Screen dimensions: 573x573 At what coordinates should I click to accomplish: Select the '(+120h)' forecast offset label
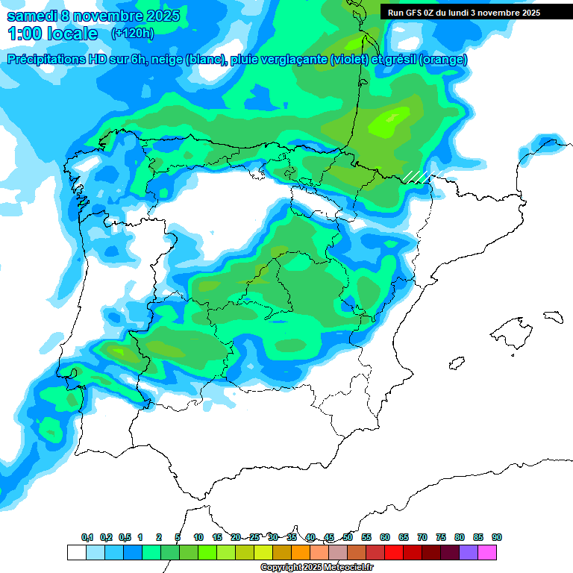pos(133,34)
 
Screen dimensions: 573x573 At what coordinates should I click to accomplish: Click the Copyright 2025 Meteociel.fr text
pos(316,568)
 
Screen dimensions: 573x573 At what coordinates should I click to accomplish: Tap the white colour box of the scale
pos(76,552)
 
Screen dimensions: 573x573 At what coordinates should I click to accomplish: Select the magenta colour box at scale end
pos(488,552)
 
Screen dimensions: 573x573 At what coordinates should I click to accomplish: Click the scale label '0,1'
pos(87,537)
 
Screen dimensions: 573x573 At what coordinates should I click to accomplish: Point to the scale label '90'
pos(497,537)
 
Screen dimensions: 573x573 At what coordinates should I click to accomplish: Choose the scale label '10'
pos(198,537)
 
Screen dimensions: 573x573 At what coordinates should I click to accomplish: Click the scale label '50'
pos(348,537)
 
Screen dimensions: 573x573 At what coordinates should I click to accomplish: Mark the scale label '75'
pos(441,537)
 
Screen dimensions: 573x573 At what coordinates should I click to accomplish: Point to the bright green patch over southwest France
pos(391,119)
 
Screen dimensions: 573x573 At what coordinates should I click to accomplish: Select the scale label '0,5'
pos(125,537)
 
